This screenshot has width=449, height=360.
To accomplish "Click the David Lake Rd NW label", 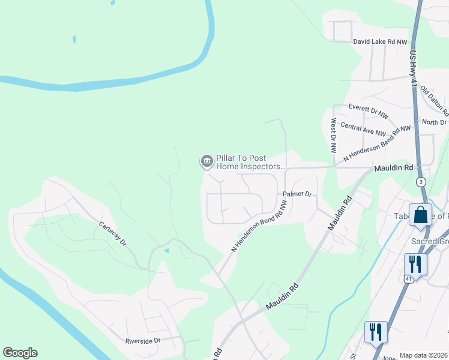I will pyautogui.click(x=380, y=42).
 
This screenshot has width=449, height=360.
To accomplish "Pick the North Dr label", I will pyautogui.click(x=434, y=122).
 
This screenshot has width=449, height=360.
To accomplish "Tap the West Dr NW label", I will pyautogui.click(x=334, y=134).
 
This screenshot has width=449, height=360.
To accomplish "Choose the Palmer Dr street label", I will pyautogui.click(x=298, y=194).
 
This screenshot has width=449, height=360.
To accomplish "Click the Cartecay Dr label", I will pyautogui.click(x=113, y=234).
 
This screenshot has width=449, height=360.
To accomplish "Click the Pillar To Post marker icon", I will pyautogui.click(x=206, y=161).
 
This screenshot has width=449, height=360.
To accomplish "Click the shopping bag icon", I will pyautogui.click(x=420, y=215).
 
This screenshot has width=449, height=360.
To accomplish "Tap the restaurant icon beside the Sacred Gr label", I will pyautogui.click(x=415, y=264).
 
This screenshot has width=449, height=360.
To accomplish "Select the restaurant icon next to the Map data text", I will pyautogui.click(x=376, y=332).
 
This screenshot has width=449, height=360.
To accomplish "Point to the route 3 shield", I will pyautogui.click(x=421, y=181).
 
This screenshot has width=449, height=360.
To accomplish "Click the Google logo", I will pyautogui.click(x=20, y=353).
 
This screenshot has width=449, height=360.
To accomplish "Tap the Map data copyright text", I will pyautogui.click(x=423, y=355).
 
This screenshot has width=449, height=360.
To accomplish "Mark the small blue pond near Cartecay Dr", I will pyautogui.click(x=166, y=250).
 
